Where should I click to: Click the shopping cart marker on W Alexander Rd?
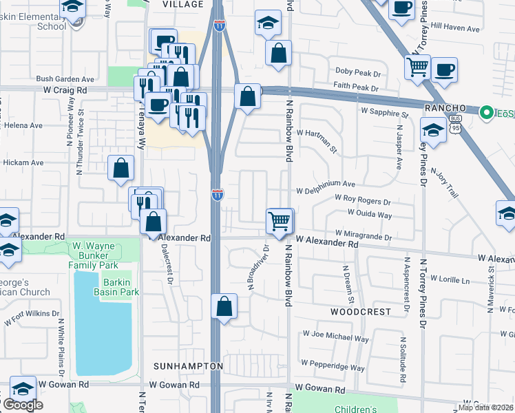pyautogui.click(x=280, y=222)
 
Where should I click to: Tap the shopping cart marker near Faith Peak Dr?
pyautogui.click(x=417, y=68)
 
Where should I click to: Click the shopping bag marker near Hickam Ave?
pyautogui.click(x=120, y=167)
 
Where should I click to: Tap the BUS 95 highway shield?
pyautogui.click(x=434, y=128)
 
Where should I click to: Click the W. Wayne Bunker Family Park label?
pyautogui.click(x=94, y=255)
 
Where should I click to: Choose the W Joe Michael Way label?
pyautogui.click(x=335, y=339)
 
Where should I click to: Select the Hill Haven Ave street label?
pyautogui.click(x=454, y=28)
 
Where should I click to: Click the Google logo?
pyautogui.click(x=23, y=405)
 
